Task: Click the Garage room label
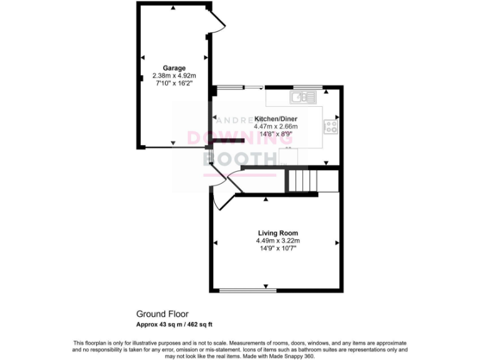click(175, 67)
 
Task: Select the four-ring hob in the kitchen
click(331, 127)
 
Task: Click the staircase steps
click(304, 181)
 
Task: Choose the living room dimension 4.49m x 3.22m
click(277, 241)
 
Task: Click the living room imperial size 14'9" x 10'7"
click(277, 248)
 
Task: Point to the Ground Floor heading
click(162, 314)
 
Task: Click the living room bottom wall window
click(248, 290)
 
